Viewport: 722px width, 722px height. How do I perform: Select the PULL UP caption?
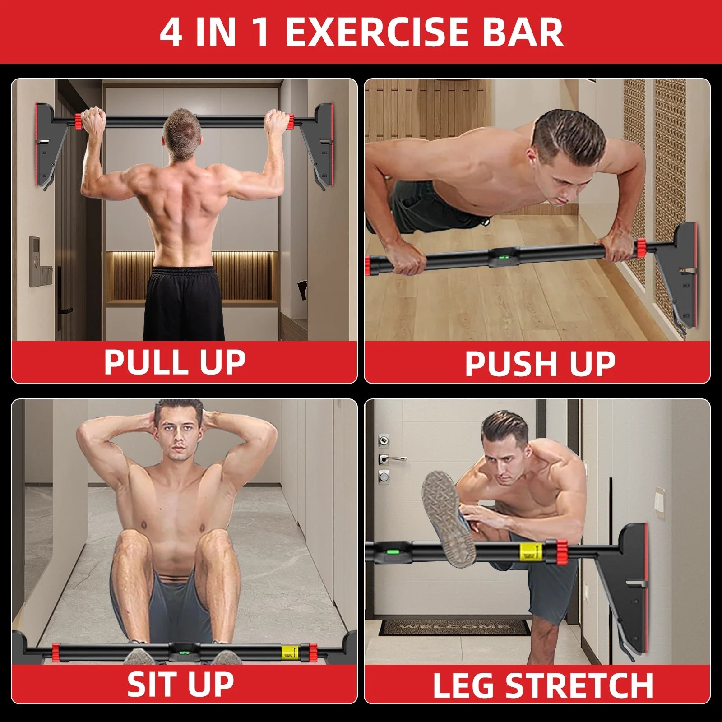(175, 362)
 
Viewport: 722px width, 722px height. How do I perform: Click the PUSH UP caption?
(540, 364)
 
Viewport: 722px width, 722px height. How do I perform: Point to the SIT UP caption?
(180, 684)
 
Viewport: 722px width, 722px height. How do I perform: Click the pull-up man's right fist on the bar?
(276, 121)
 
